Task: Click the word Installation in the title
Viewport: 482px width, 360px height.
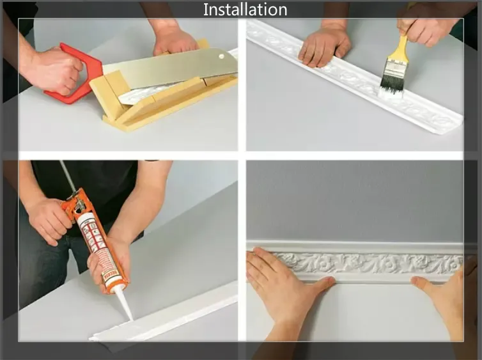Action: (x=245, y=10)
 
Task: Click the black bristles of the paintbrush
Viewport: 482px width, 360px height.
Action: (x=392, y=80)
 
